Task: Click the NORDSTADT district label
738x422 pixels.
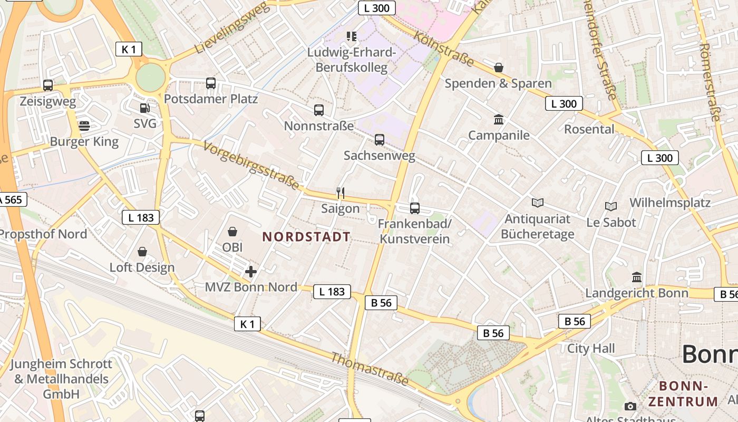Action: pos(306,237)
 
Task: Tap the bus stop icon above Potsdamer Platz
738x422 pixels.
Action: pos(211,83)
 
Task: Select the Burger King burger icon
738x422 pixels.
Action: pos(84,126)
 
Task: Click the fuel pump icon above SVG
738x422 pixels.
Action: pos(144,108)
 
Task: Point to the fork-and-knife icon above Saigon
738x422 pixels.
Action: pos(341,193)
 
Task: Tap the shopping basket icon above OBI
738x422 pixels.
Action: pos(232,232)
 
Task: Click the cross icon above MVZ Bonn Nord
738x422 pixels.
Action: pos(251,272)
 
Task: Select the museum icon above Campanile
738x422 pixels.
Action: pos(499,120)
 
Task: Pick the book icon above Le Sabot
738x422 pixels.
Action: pos(611,207)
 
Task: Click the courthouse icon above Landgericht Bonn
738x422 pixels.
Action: pos(637,277)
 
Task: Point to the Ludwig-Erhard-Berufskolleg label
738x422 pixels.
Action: pos(351,60)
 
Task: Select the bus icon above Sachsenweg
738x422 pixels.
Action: pos(380,140)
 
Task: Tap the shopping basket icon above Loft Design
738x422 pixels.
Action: pos(142,252)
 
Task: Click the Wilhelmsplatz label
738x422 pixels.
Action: pos(670,203)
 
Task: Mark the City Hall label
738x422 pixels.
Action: pos(591,348)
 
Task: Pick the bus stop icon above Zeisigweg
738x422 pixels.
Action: pos(48,85)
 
